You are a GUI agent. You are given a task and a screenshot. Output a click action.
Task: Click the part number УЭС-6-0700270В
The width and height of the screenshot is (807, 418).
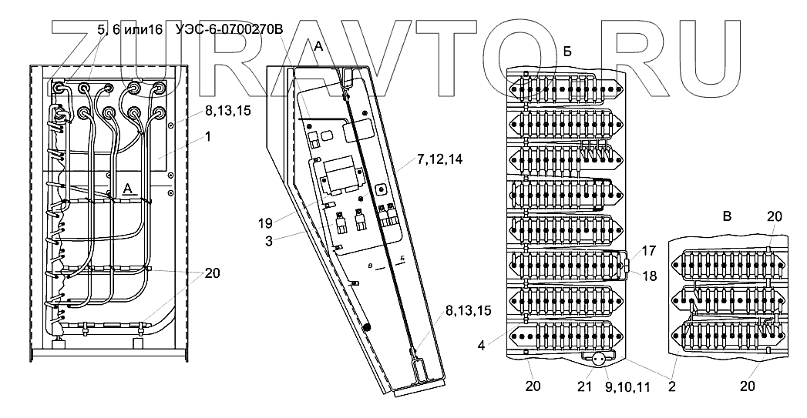[230, 30]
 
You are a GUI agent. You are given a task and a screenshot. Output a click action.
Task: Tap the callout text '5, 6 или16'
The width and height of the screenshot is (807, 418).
[129, 30]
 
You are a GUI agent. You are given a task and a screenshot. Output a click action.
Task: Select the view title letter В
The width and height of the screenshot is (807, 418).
[725, 217]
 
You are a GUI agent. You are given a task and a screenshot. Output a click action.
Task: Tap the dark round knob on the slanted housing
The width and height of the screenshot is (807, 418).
[367, 326]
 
